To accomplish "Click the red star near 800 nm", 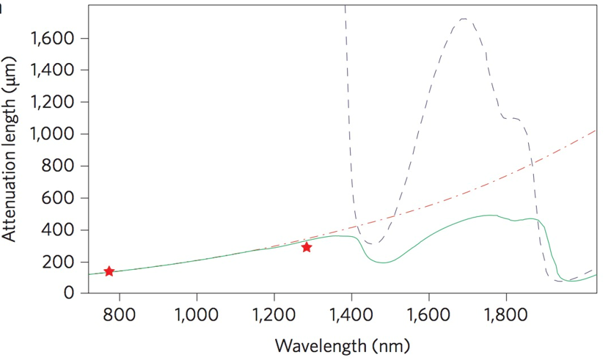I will (109, 271).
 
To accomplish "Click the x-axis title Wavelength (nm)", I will (343, 345).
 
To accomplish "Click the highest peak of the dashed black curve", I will (464, 19).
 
